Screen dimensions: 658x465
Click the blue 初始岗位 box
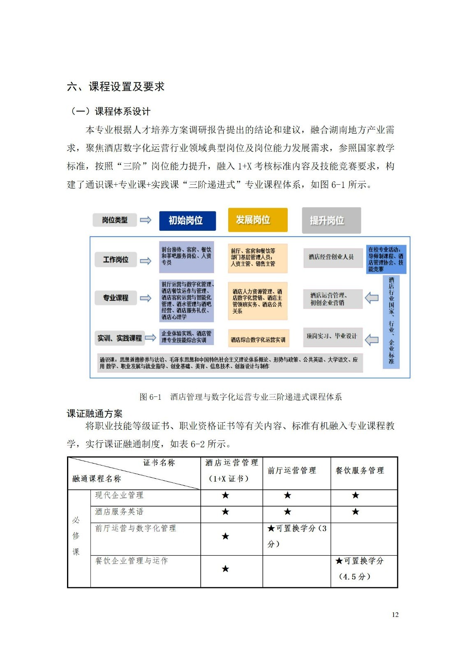coord(187,221)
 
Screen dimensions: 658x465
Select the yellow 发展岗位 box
coord(257,220)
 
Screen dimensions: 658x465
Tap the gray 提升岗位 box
coord(331,220)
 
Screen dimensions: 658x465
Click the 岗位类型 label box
coord(115,220)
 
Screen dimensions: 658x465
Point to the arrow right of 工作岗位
coord(146,261)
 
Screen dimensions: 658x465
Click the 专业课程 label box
coord(116,298)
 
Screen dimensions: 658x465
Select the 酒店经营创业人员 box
coord(331,257)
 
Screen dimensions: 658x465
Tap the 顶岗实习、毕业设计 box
coord(332,336)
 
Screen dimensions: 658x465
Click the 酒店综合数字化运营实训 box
coord(258,340)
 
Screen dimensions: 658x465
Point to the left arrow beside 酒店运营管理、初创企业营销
coord(372,298)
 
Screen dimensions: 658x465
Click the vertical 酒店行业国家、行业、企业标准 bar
coord(391,321)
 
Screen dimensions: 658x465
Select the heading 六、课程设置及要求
coord(116,87)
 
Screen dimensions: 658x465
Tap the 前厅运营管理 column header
coord(292,470)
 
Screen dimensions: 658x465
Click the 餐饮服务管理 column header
coord(360,470)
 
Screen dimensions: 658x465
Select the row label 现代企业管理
coord(119,495)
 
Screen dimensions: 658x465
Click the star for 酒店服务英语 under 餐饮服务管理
coord(355,512)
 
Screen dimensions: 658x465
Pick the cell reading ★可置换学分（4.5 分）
coord(359,569)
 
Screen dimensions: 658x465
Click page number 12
coord(395,614)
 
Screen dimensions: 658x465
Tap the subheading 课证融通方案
coord(95,414)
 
